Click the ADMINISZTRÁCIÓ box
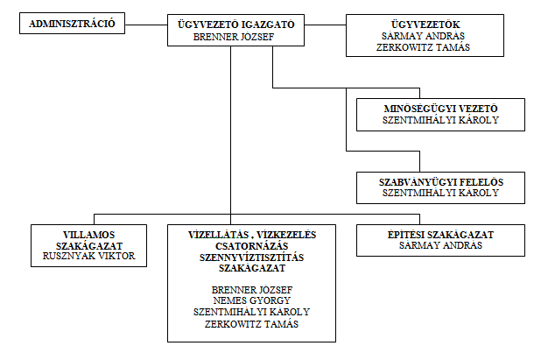[x=72, y=24]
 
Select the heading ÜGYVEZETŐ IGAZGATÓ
[x=236, y=25]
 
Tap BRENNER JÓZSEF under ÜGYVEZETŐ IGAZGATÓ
[x=234, y=37]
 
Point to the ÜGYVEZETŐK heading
[x=425, y=25]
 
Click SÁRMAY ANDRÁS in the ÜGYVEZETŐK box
[x=423, y=36]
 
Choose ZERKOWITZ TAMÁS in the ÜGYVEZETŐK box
[x=423, y=47]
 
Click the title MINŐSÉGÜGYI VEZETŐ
[x=440, y=109]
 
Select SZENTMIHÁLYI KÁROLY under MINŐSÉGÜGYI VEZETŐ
[x=440, y=120]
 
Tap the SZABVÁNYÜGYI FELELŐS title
[x=441, y=182]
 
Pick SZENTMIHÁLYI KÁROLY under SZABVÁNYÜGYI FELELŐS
[x=440, y=193]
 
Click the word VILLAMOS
[x=89, y=235]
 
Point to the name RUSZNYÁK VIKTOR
[x=89, y=256]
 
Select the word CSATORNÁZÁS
[x=252, y=246]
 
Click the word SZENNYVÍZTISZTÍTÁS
[x=252, y=258]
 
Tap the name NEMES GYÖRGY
[x=252, y=300]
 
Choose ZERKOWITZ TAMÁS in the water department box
[x=251, y=324]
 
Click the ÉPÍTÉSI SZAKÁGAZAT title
[x=440, y=235]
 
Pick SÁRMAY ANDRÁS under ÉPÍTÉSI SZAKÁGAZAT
[x=440, y=245]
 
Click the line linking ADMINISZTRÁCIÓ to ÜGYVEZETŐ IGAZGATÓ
[x=146, y=25]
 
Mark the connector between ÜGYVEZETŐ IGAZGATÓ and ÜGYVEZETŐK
[x=326, y=25]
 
